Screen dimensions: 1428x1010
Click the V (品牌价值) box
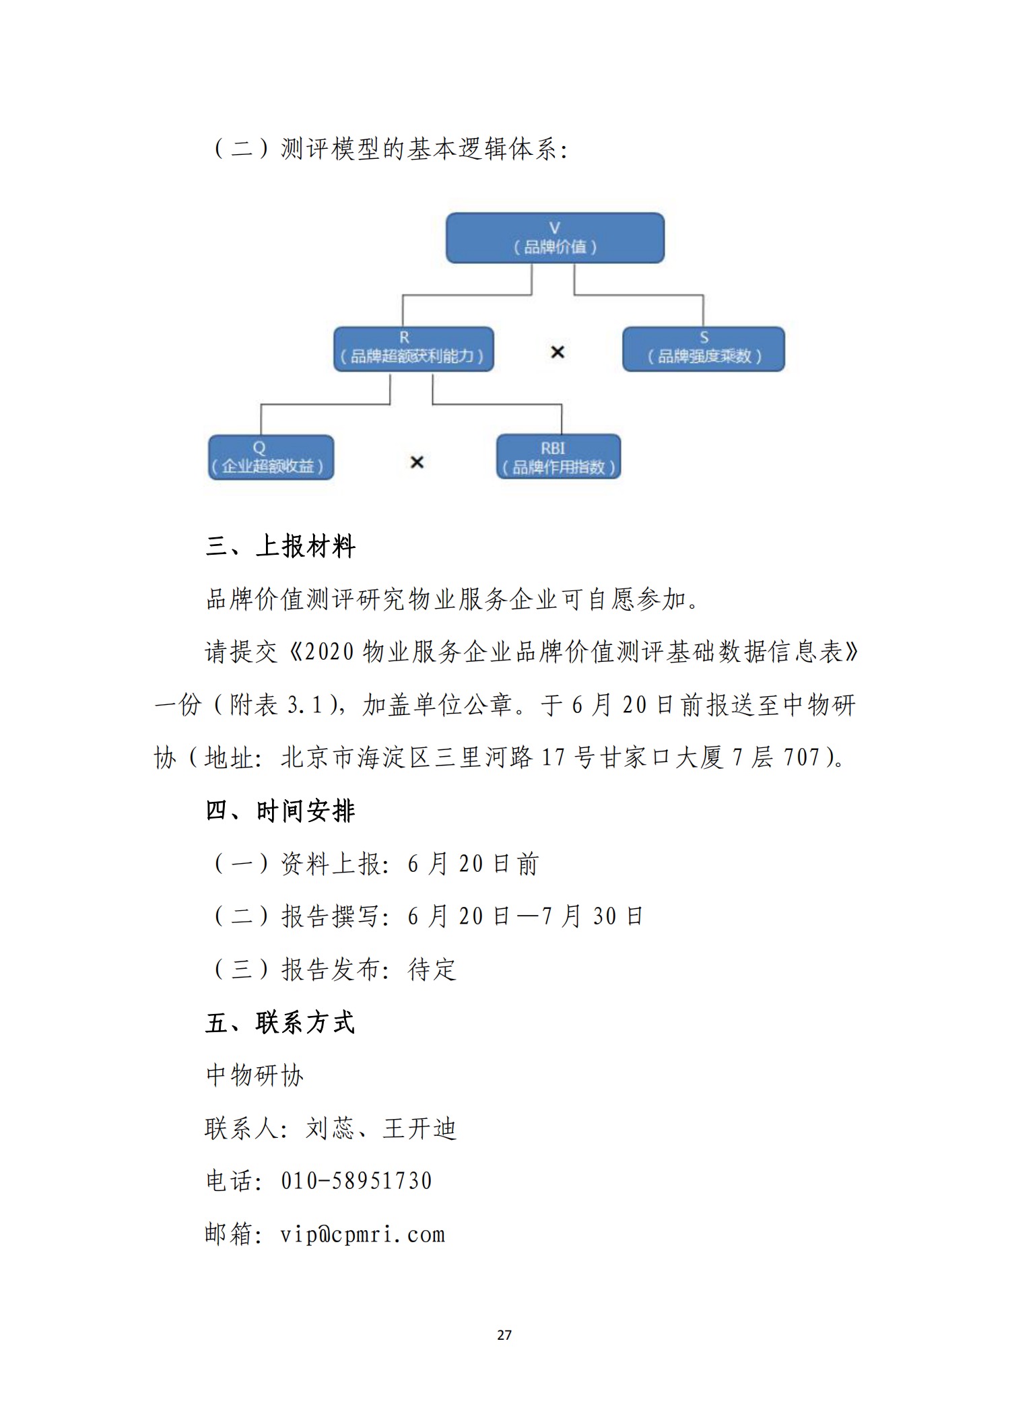555,238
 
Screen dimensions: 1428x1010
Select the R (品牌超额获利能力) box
413,349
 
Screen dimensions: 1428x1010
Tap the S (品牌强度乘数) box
703,349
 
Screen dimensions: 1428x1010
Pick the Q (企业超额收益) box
271,457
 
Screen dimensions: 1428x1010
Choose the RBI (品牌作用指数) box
558,457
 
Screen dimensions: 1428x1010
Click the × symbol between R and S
558,352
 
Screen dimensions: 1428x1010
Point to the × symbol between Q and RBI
417,463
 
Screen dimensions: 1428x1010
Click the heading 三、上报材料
280,546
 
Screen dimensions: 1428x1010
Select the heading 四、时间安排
280,811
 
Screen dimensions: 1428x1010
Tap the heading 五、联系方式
280,1023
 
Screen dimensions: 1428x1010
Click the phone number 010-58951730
356,1181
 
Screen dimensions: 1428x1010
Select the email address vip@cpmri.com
363,1234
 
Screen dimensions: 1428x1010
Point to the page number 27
504,1334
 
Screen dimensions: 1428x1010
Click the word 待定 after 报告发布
432,970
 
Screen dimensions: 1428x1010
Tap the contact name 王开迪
420,1128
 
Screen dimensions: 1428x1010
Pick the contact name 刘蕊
330,1128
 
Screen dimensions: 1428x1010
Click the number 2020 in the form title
329,652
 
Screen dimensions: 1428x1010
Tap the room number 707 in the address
802,757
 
